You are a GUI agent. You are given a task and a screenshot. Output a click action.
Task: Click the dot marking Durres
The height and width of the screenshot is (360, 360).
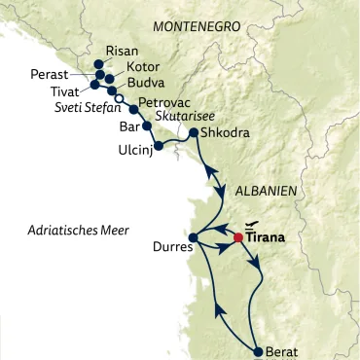coord(193,236)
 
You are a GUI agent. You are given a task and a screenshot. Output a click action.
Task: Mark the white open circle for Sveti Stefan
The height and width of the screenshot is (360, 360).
coord(119,98)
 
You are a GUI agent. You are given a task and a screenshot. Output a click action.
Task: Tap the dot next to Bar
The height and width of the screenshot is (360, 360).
coord(147,126)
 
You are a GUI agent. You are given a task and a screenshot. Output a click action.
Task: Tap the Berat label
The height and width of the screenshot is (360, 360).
coord(282,352)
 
